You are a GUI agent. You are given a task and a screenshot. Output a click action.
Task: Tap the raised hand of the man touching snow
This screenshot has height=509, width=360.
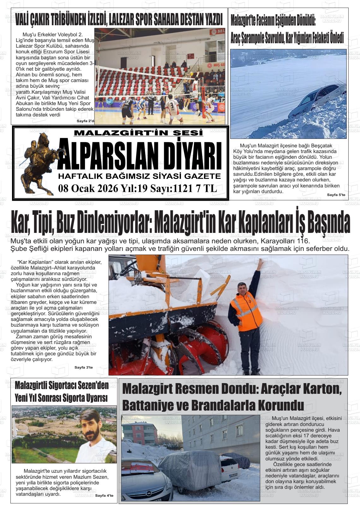tap(260, 263)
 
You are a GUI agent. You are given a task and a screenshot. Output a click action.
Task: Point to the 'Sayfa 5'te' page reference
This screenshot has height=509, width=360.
tap(336, 195)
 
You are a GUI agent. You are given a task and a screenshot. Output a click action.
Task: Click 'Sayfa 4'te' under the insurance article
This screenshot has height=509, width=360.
tap(104, 495)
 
